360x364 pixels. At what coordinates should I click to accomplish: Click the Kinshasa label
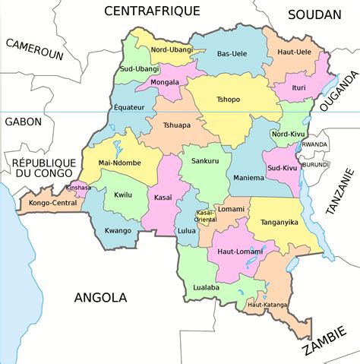pyautogui.click(x=79, y=187)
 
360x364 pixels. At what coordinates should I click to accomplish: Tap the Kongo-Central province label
pyautogui.click(x=47, y=203)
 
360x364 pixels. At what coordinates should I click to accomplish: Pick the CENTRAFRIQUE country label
pyautogui.click(x=152, y=11)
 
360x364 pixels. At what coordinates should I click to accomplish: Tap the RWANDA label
pyautogui.click(x=314, y=144)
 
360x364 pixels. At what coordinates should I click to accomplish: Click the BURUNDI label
pyautogui.click(x=314, y=163)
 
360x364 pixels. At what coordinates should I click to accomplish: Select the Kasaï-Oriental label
pyautogui.click(x=206, y=216)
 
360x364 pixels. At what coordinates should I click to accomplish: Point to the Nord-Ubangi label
pyautogui.click(x=172, y=49)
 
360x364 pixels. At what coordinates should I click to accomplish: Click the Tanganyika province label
pyautogui.click(x=279, y=223)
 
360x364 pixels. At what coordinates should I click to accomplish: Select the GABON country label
pyautogui.click(x=24, y=121)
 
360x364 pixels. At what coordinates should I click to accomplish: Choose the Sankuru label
pyautogui.click(x=204, y=161)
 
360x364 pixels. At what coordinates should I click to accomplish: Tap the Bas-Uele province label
pyautogui.click(x=233, y=53)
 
